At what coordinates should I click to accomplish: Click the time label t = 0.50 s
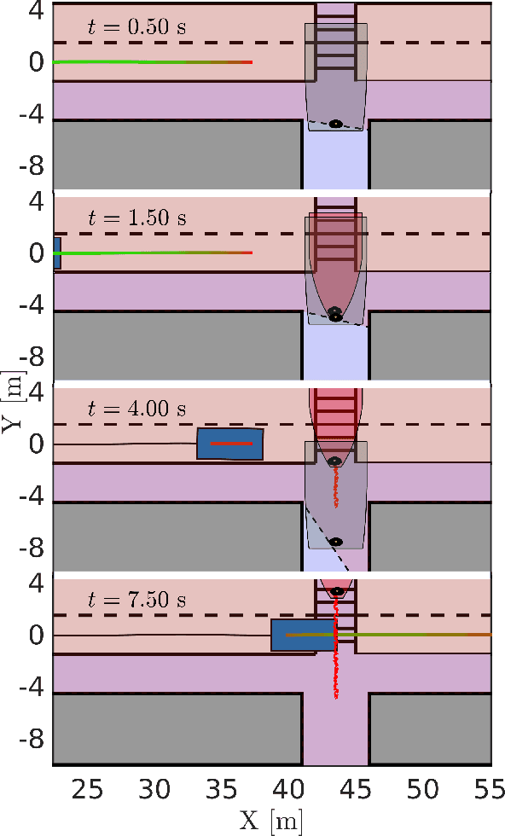coord(137,26)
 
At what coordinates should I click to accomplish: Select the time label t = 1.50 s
coord(137,218)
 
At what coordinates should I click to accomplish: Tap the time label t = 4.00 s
coord(137,409)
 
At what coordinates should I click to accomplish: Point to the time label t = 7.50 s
coord(137,600)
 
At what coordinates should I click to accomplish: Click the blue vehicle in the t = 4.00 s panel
coord(229,444)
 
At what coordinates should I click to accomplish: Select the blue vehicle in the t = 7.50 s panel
coord(303,635)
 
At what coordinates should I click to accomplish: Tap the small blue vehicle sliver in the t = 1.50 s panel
coord(56,253)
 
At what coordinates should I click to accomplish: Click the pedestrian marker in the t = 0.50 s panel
coord(335,124)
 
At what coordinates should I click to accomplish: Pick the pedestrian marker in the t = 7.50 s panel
coord(336,590)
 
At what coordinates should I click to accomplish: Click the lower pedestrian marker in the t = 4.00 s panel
coord(335,542)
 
